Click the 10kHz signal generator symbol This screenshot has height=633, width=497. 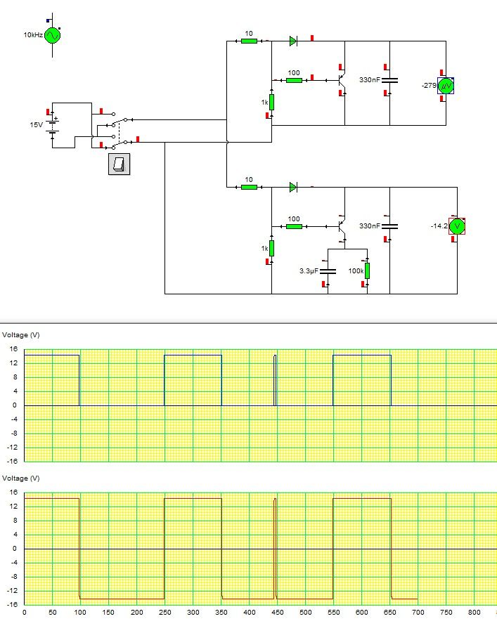click(x=53, y=34)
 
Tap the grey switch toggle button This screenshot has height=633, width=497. click(x=119, y=164)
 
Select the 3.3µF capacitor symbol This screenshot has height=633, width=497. click(x=328, y=270)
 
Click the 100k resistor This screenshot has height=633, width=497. click(x=367, y=270)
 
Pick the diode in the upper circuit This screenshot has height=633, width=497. click(x=293, y=41)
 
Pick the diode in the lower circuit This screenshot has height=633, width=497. click(x=293, y=187)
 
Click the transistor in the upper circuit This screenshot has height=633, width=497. click(x=342, y=80)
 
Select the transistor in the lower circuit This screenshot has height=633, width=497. click(x=342, y=226)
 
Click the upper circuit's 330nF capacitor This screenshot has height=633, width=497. click(x=389, y=80)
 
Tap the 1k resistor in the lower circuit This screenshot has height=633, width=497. click(x=271, y=248)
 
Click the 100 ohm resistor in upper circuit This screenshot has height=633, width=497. click(x=294, y=80)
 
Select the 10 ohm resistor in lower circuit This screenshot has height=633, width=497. click(x=249, y=187)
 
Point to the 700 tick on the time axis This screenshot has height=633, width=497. click(x=418, y=613)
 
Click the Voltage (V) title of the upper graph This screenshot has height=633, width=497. click(x=22, y=335)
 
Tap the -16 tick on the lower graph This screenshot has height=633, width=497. click(x=13, y=604)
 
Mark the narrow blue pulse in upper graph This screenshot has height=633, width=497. click(x=275, y=379)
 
